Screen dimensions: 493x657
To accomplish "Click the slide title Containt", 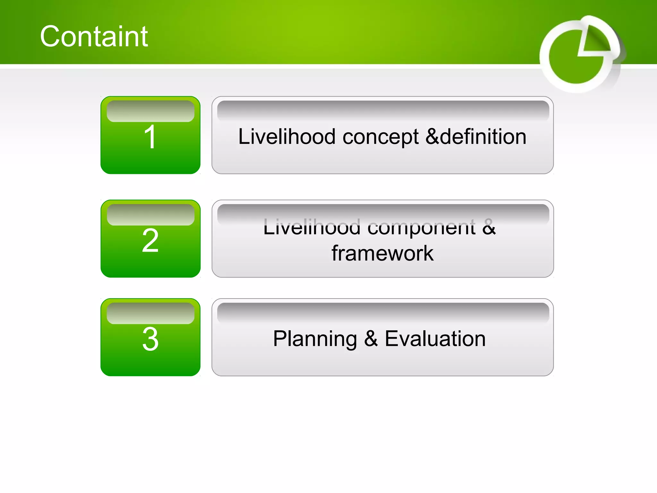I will (x=94, y=36).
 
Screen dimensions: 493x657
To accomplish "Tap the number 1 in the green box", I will (x=150, y=137).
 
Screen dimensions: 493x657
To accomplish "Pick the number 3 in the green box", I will (x=150, y=339).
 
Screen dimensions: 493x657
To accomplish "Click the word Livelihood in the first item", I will (x=287, y=136).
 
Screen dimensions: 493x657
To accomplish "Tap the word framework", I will (x=382, y=253).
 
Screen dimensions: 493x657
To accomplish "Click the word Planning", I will (x=315, y=339).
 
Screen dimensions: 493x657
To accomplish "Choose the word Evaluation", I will (x=435, y=339).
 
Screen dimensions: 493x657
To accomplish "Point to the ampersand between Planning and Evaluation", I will (x=371, y=339).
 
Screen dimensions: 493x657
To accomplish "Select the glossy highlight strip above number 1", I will (x=150, y=111).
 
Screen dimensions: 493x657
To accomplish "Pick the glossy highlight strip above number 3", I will (x=150, y=313).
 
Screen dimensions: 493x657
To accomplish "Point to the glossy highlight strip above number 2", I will (x=150, y=215).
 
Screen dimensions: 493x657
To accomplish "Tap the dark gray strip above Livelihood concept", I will (x=383, y=109).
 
